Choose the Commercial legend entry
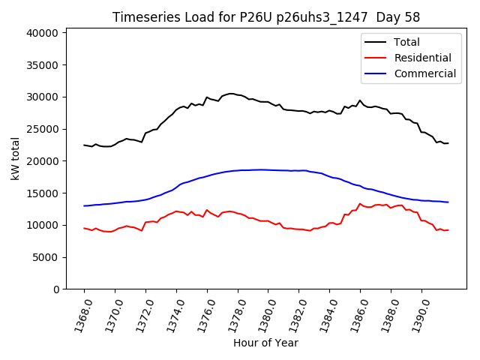pos(424,73)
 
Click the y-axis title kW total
pos(16,158)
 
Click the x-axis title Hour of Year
pos(265,343)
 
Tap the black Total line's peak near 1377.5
pos(230,94)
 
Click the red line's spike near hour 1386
pos(360,203)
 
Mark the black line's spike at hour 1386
pos(360,100)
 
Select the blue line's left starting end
pos(84,205)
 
